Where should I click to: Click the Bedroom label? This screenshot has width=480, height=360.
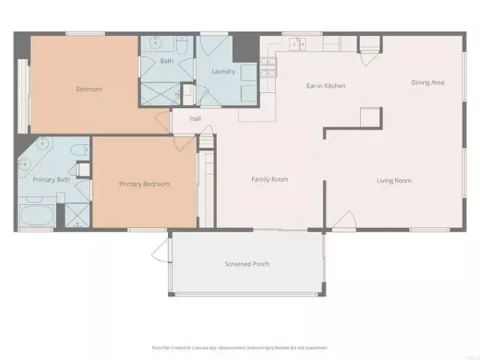[90, 89]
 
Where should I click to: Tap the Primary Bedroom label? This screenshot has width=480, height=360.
[145, 184]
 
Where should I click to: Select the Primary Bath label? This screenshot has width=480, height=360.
[48, 179]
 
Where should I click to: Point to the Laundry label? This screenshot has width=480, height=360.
[222, 71]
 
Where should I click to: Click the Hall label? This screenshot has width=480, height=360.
[195, 119]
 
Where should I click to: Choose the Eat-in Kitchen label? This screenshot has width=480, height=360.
[326, 86]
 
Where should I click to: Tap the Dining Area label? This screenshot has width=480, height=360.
[428, 82]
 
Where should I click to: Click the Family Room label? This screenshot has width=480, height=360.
[270, 179]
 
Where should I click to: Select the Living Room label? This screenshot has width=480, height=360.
[394, 181]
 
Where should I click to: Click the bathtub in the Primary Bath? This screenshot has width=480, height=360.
[35, 214]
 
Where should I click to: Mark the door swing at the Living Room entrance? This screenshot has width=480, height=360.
[344, 220]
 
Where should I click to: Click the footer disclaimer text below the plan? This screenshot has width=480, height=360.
[239, 348]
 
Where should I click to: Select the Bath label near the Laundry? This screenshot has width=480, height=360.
[166, 60]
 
